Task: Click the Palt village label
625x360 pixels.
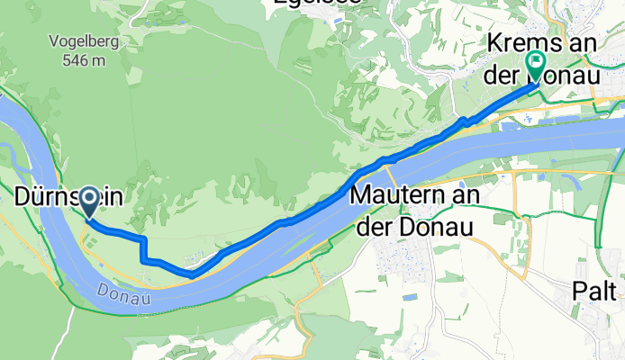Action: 599,292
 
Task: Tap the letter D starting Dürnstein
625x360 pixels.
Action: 24,195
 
